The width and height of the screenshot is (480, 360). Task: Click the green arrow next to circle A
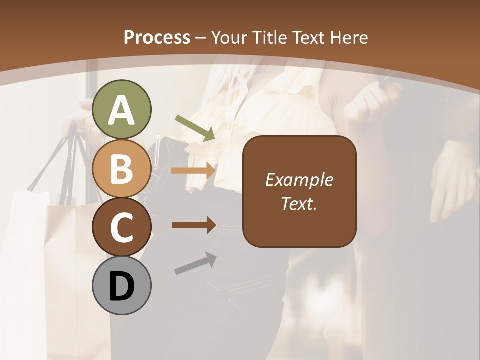(195, 128)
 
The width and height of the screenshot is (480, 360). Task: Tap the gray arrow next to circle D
(195, 263)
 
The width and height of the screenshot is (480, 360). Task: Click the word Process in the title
(157, 37)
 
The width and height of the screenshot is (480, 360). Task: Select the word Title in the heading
(270, 37)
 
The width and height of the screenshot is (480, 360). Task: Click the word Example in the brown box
(299, 180)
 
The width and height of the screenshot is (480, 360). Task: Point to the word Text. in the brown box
(299, 204)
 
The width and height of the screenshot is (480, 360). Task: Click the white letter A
(122, 111)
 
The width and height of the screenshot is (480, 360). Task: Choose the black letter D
(122, 287)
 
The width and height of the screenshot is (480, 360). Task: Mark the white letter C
(122, 228)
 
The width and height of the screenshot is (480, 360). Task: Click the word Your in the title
(229, 37)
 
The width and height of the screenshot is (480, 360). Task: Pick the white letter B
(122, 169)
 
